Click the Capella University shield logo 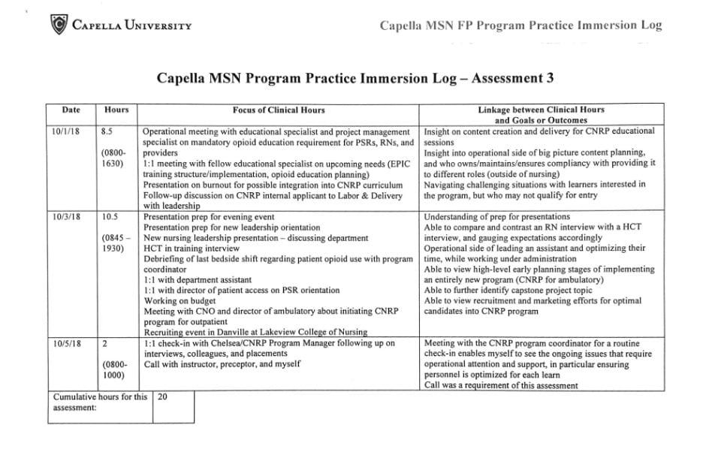(x=57, y=26)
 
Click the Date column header (x=71, y=110)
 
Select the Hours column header (x=116, y=110)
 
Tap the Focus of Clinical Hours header (x=279, y=110)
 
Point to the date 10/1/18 (x=63, y=131)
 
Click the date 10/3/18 (x=63, y=216)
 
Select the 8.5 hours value (x=107, y=131)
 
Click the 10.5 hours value (x=110, y=216)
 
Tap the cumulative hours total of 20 (x=162, y=397)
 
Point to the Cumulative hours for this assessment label (x=100, y=402)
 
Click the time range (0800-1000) (x=114, y=370)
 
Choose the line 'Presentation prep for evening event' (x=209, y=216)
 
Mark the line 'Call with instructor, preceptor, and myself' (x=222, y=364)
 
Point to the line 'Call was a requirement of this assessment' (x=501, y=385)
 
